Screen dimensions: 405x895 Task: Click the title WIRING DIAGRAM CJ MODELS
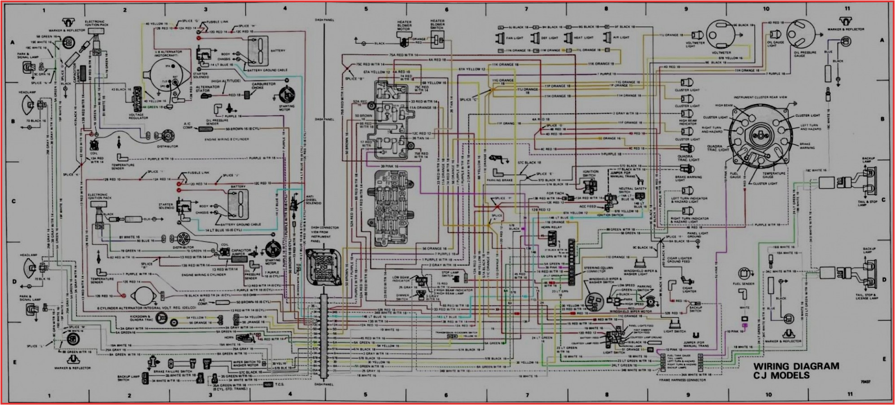point(796,370)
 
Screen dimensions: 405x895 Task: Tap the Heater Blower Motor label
point(404,25)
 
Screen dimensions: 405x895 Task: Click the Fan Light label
point(515,38)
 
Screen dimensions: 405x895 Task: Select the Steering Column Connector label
point(598,269)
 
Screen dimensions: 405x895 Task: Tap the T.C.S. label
point(280,384)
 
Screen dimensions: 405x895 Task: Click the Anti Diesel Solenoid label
point(313,200)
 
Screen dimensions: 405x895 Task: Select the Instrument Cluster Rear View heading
point(760,97)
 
